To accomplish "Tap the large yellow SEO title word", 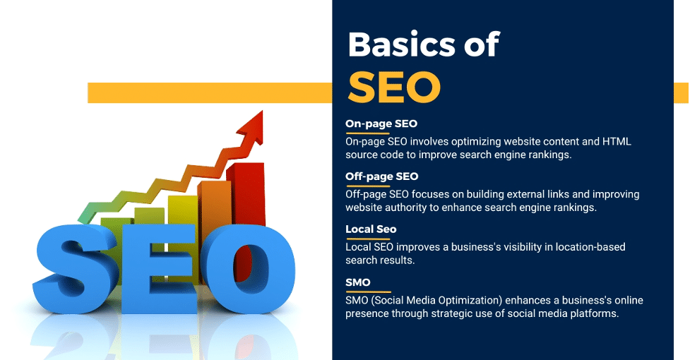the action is pyautogui.click(x=394, y=87).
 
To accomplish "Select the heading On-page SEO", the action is pyautogui.click(x=381, y=124).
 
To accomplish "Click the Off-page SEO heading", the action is pyautogui.click(x=381, y=176).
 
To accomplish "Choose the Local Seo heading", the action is pyautogui.click(x=371, y=229).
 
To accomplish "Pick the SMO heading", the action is pyautogui.click(x=358, y=282).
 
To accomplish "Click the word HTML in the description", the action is pyautogui.click(x=617, y=142).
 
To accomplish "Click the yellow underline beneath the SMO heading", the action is pyautogui.click(x=369, y=292).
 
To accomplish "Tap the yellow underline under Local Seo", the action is pyautogui.click(x=369, y=239).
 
